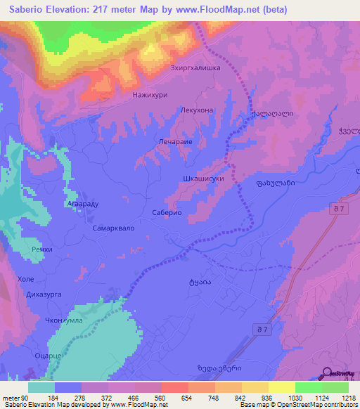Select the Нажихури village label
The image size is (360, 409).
click(150, 93)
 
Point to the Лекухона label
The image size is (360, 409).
click(196, 110)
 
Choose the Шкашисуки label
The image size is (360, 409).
click(202, 178)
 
